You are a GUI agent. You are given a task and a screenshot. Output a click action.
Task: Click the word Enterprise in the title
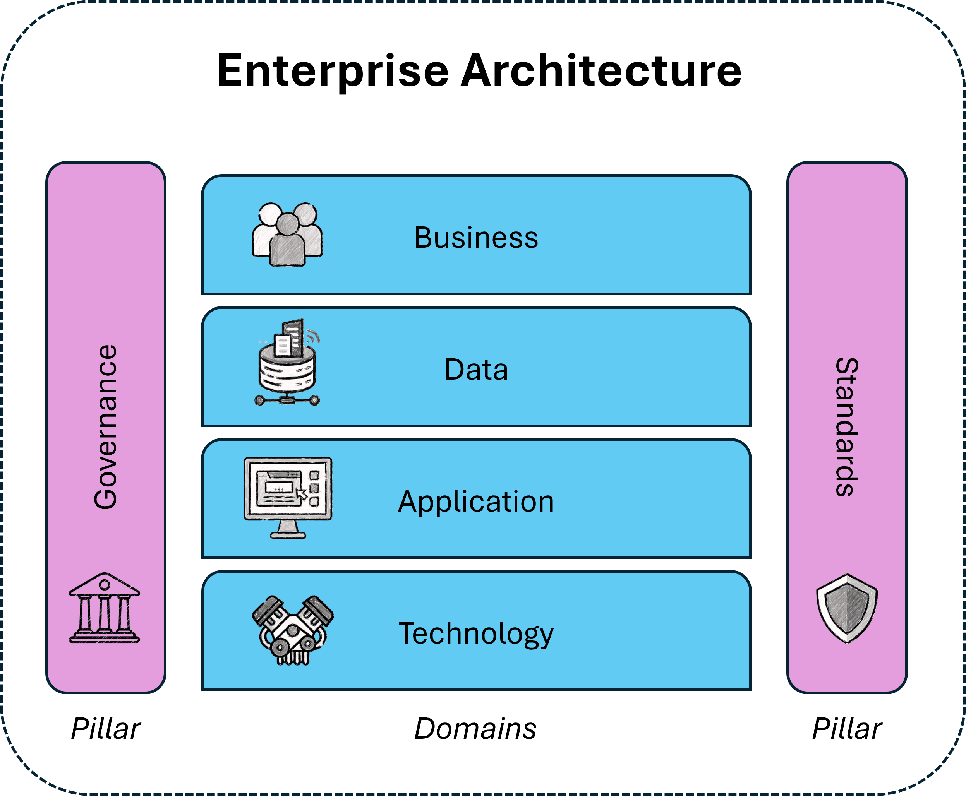point(332,71)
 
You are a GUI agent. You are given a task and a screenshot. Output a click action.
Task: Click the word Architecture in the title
point(601,71)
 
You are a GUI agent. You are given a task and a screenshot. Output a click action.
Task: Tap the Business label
point(476,238)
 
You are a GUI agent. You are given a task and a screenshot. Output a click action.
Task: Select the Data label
point(476,370)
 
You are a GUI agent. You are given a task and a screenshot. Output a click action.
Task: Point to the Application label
point(476,502)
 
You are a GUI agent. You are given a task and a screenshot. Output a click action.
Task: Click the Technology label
point(476,634)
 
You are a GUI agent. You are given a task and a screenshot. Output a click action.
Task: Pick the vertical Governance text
point(105,427)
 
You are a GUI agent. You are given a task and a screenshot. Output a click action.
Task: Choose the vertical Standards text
point(847,427)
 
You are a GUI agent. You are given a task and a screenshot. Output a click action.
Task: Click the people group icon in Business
point(287,234)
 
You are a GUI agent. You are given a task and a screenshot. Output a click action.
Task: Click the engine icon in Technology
point(293,630)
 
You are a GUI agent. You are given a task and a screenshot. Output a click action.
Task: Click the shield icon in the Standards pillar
point(847,608)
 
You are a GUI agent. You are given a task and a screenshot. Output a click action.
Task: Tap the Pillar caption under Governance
point(105,729)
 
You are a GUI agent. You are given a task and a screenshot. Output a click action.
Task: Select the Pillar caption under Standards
point(847,729)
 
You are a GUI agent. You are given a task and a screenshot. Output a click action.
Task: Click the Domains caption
point(475,729)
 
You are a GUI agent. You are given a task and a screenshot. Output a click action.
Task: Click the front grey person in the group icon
point(287,243)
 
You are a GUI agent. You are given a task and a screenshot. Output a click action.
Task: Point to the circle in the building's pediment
point(105,585)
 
